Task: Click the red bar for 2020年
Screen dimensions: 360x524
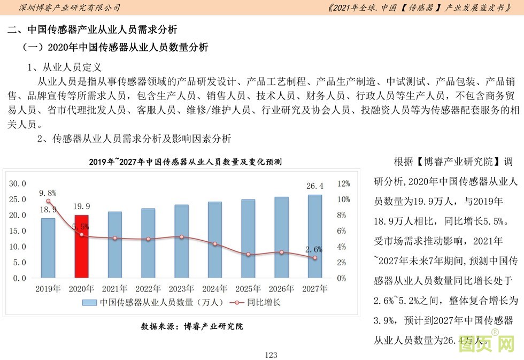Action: pyautogui.click(x=81, y=246)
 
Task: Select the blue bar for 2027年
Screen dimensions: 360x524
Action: pyautogui.click(x=315, y=236)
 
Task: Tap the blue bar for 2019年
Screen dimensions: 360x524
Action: pyautogui.click(x=48, y=248)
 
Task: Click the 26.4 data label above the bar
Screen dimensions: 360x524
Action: pyautogui.click(x=315, y=186)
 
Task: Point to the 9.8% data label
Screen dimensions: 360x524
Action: pyautogui.click(x=48, y=193)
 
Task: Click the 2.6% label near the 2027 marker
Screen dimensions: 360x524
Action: pyautogui.click(x=314, y=249)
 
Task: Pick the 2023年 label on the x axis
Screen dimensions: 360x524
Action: pyautogui.click(x=181, y=289)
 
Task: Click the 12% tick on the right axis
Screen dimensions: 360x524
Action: pyautogui.click(x=344, y=183)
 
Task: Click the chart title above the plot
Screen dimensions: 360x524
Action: pyautogui.click(x=185, y=162)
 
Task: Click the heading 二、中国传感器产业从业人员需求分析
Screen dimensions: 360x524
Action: pyautogui.click(x=92, y=29)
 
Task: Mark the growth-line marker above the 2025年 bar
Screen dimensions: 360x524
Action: pyautogui.click(x=248, y=254)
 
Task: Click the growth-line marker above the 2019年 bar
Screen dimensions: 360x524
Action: pyautogui.click(x=48, y=202)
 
